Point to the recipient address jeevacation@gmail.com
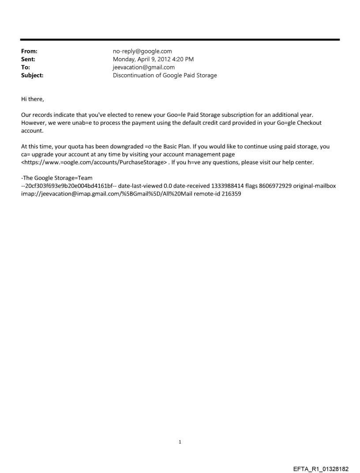[x=144, y=67]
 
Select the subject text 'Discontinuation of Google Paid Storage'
[x=165, y=75]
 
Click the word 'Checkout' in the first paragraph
[x=309, y=123]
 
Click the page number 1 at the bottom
[x=180, y=442]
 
